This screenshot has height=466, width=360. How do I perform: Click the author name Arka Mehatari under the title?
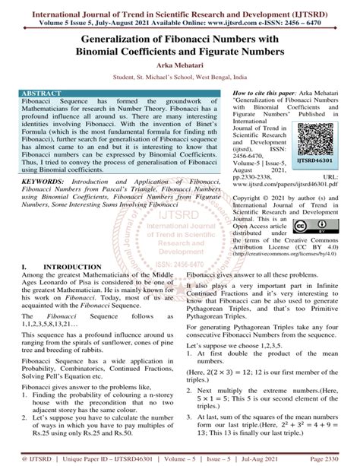(180, 66)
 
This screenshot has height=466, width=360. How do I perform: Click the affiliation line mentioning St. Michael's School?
(180, 78)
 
